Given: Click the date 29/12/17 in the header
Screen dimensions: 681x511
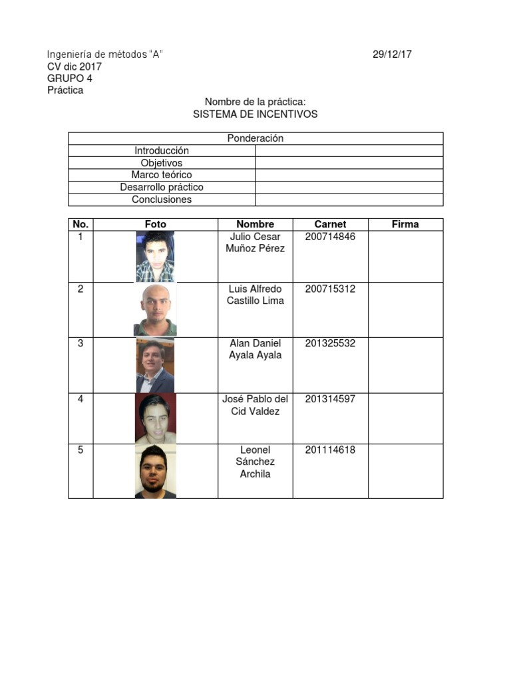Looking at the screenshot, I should point(392,55).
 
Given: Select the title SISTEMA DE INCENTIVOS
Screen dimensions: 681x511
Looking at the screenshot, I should point(255,114).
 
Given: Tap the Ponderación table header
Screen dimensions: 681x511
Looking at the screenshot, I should point(255,138).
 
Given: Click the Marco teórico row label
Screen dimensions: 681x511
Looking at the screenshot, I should point(162,175).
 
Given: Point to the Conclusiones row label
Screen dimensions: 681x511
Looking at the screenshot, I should point(162,200).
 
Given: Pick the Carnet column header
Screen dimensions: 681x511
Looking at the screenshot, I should point(330,224).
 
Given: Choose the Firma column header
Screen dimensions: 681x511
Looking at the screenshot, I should point(405,224).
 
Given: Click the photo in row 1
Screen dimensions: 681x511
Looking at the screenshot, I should point(155,257).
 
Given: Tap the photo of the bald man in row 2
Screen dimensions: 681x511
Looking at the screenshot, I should point(155,310).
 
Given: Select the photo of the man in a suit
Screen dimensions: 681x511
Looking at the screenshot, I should point(155,365).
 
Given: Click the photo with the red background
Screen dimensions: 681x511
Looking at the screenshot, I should point(156,418).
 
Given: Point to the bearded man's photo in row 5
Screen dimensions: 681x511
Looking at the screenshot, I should point(156,472).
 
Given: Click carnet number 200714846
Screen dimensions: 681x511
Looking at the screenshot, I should point(330,237).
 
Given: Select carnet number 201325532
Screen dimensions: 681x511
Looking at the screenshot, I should point(330,343).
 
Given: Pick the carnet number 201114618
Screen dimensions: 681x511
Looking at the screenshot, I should point(330,450).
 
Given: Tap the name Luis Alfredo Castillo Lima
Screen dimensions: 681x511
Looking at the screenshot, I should point(255,295).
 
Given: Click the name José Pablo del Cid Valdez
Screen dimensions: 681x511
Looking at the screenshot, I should point(255,405).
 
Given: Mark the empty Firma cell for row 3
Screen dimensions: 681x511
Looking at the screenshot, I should point(405,365).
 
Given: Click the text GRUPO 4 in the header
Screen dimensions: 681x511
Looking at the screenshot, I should point(70,78).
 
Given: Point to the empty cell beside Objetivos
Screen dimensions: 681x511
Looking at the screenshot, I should point(349,163).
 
